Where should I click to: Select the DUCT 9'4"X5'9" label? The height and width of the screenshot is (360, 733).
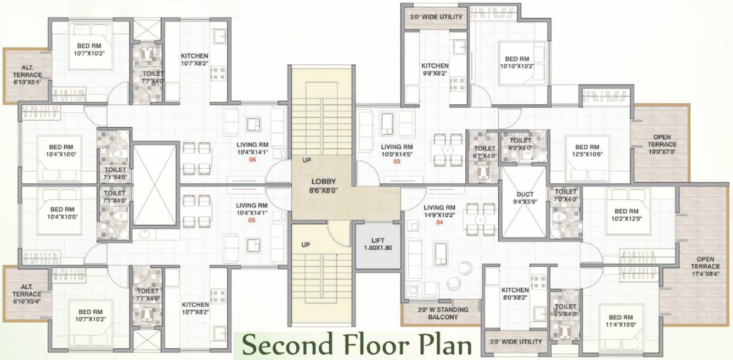[525, 198]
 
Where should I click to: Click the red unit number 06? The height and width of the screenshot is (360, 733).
[252, 160]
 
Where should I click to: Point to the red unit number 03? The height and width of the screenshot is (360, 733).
[396, 161]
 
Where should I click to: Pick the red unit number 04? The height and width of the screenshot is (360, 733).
[439, 222]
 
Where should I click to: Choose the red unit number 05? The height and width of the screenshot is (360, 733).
[252, 221]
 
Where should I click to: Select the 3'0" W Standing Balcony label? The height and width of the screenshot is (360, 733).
[442, 313]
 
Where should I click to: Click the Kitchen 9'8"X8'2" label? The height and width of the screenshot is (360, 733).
[435, 69]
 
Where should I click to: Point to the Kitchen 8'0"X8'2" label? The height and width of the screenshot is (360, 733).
[515, 294]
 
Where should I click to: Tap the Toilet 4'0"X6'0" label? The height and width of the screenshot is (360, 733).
[517, 144]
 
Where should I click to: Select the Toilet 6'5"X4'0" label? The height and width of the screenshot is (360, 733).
[566, 311]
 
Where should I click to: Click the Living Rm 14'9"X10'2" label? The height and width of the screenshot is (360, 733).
[439, 211]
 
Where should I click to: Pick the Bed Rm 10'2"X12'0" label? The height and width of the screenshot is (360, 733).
[627, 215]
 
